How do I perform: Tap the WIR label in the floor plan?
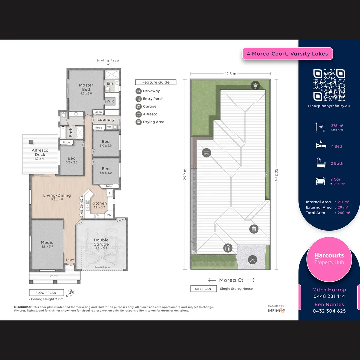110,101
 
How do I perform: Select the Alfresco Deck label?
40,152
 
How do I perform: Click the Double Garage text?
101,242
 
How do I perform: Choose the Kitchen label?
99,203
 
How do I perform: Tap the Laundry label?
106,119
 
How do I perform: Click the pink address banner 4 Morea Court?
287,54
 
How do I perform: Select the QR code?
329,85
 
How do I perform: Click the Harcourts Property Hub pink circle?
329,259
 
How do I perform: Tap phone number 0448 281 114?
329,296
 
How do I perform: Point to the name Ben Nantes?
329,304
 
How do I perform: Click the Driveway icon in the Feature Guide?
139,91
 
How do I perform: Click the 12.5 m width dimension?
230,74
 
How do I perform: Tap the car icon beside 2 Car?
321,181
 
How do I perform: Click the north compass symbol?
71,293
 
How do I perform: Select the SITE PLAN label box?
203,289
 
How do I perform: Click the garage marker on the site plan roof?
254,229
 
